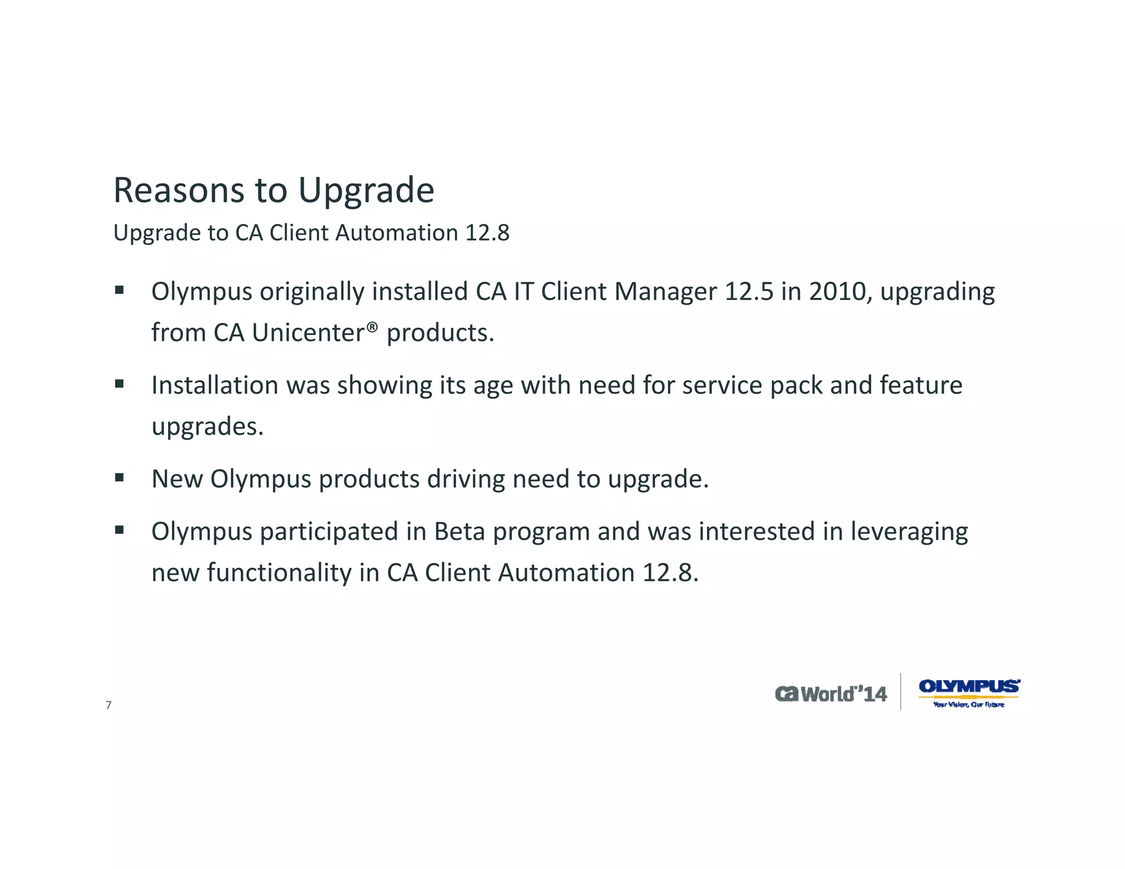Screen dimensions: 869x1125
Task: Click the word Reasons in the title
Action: pos(178,191)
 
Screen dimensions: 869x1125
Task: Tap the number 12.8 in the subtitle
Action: pos(487,233)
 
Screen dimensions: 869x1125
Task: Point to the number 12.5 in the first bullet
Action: pos(749,292)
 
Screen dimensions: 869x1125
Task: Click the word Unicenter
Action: pos(308,333)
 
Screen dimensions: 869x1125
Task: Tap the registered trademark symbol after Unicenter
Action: pos(372,327)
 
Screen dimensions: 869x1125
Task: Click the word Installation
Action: pos(215,385)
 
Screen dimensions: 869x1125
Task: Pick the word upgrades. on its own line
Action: pos(208,427)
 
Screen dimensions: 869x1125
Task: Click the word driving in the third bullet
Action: pos(466,479)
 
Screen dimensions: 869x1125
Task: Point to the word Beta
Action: pos(459,532)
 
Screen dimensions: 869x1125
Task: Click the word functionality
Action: pos(279,573)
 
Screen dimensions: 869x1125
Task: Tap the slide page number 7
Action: pos(108,705)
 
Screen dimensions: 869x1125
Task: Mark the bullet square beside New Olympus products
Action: pos(119,478)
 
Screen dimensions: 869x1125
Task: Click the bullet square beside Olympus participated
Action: pos(119,530)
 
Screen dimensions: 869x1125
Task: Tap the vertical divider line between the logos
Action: pos(901,692)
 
